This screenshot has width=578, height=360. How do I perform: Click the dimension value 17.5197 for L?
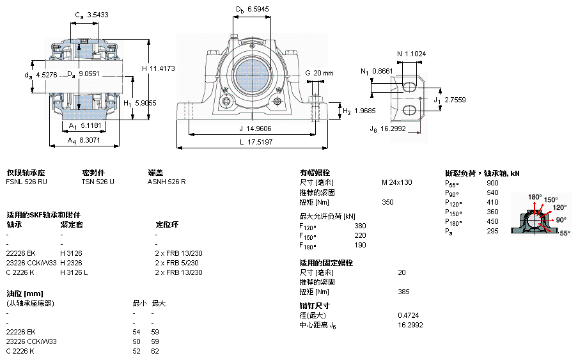(260, 142)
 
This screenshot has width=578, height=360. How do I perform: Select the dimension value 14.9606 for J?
(257, 127)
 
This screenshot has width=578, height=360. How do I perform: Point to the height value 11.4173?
(162, 68)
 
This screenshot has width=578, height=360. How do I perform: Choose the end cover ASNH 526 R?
(167, 182)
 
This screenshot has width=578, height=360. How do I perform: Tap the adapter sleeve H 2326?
(71, 263)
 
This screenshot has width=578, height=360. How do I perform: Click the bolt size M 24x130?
(396, 182)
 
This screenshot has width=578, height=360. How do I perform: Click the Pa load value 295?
(492, 231)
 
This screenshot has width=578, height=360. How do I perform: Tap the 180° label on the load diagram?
(535, 196)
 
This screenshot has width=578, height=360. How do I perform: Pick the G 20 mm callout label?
(319, 73)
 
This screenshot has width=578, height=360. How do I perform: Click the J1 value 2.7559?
(455, 100)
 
